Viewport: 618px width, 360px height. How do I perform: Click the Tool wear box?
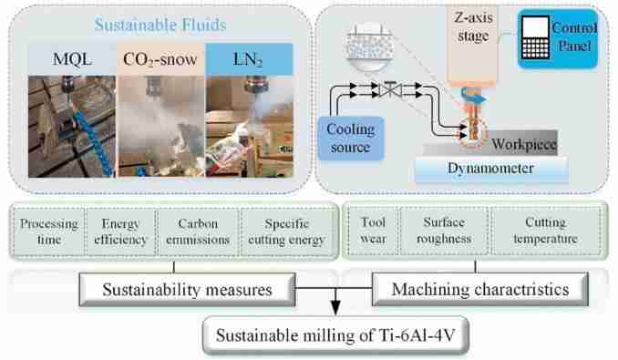click(x=373, y=224)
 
